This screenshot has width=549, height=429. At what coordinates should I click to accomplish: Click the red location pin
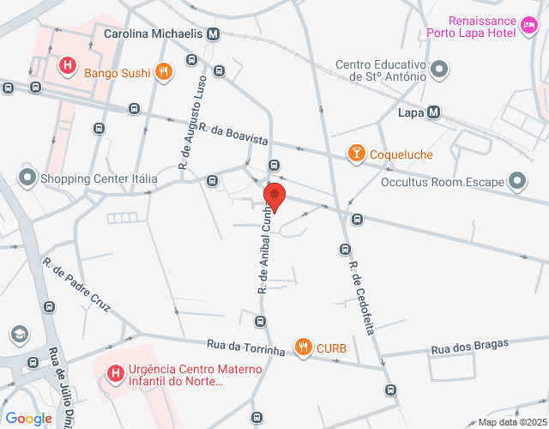(274, 196)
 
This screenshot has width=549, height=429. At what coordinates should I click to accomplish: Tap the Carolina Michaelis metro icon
(213, 34)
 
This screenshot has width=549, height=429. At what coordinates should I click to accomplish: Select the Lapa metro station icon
(434, 112)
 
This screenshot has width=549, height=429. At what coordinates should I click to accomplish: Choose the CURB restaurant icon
(303, 347)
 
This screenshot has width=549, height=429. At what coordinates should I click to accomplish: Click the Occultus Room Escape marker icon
(517, 181)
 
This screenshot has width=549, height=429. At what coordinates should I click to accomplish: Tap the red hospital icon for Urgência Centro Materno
(113, 373)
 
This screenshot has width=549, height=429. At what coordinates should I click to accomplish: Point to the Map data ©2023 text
(511, 422)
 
